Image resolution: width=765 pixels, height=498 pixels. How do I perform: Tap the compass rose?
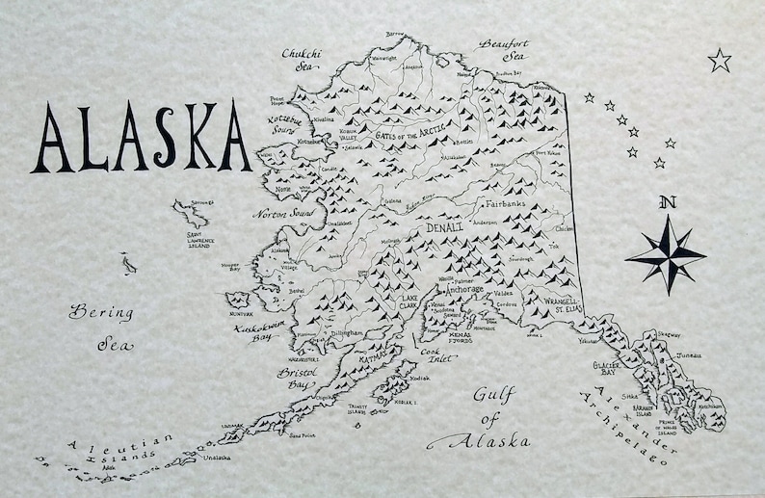pyautogui.click(x=665, y=253)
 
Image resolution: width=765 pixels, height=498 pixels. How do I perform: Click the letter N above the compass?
pyautogui.click(x=665, y=202)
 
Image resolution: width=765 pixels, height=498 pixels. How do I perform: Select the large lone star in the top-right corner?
pyautogui.click(x=719, y=61)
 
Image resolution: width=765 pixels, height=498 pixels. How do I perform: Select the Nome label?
pyautogui.click(x=282, y=190)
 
